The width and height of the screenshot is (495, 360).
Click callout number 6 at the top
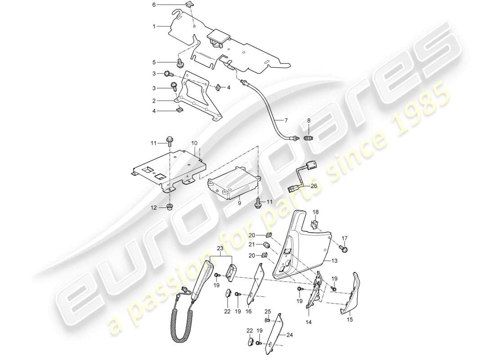coord(153,4)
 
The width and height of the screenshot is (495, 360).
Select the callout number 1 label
coord(153,27)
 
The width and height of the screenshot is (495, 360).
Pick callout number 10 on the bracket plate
coord(194,143)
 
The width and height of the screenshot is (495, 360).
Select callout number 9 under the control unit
coord(239,203)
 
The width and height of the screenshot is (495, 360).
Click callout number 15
coord(350,319)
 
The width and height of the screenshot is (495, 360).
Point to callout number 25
coord(267,311)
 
